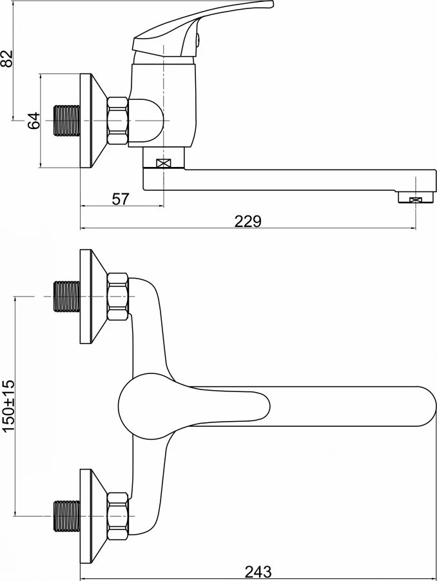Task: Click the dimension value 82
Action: (x=7, y=58)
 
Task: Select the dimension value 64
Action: (x=34, y=120)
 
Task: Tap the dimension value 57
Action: (x=121, y=199)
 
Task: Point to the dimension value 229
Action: (x=248, y=221)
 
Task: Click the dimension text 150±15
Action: (x=8, y=406)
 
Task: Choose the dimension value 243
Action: (x=258, y=572)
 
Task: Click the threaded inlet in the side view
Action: (x=67, y=121)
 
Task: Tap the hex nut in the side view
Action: (x=118, y=121)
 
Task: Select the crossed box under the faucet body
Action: (x=163, y=163)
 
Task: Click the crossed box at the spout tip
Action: (x=416, y=200)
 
